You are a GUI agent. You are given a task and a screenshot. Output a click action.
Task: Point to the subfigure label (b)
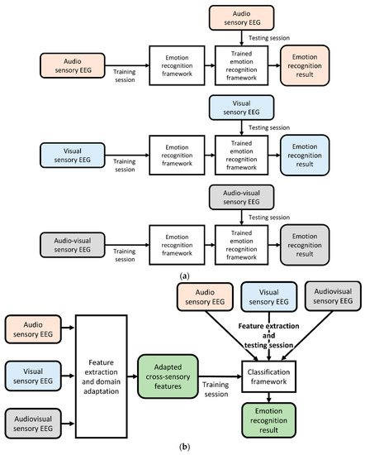pyautogui.click(x=182, y=448)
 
